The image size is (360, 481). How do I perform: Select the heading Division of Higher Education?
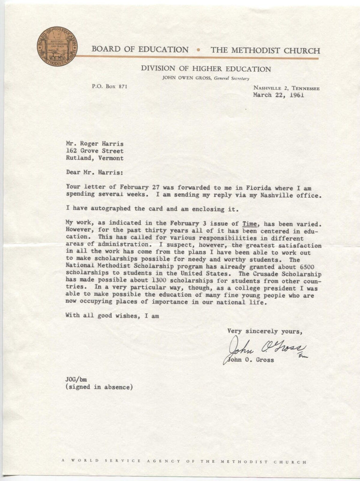[x=206, y=69]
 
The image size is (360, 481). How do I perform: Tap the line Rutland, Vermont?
[x=95, y=158]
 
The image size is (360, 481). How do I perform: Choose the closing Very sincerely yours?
[x=262, y=331]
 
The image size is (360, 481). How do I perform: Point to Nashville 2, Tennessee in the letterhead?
[x=286, y=87]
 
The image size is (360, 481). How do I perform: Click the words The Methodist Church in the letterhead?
[x=265, y=51]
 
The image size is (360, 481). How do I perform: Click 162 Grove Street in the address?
[x=95, y=151]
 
